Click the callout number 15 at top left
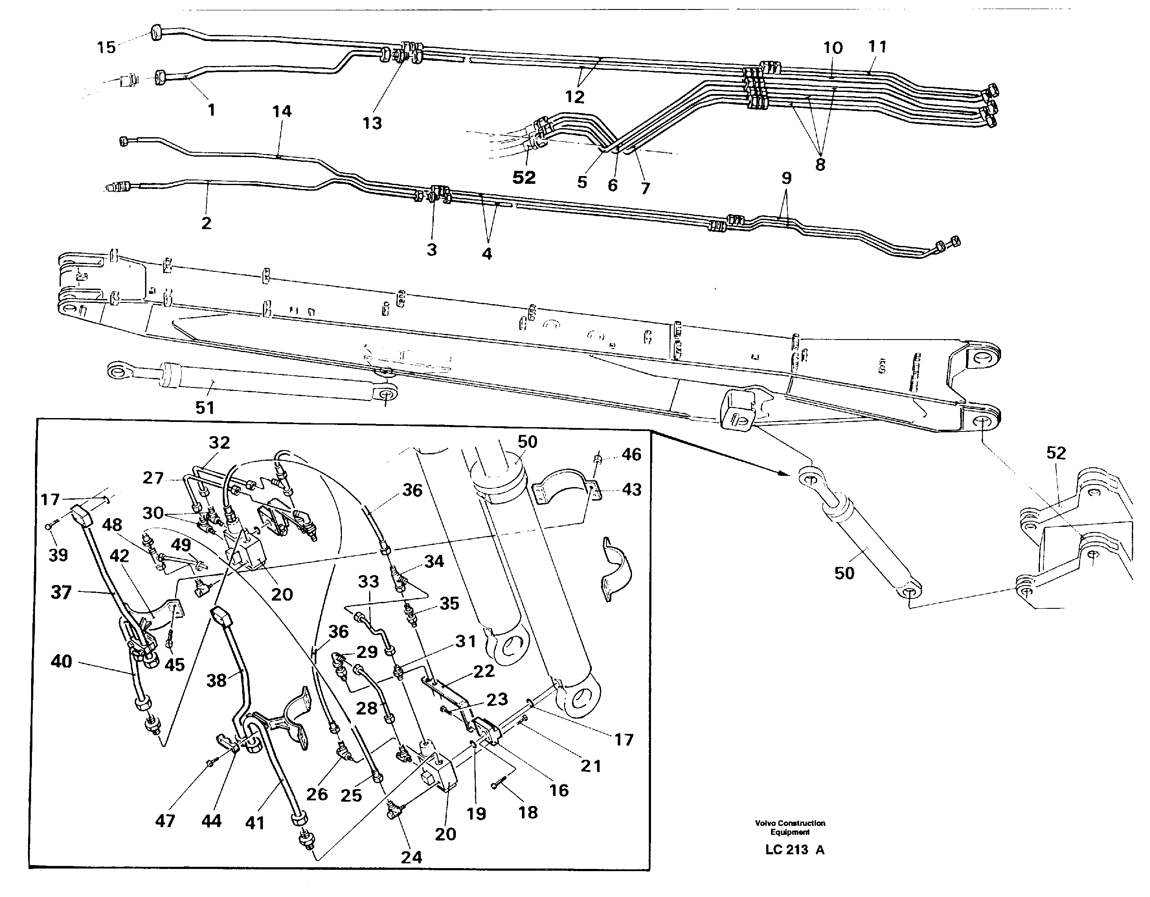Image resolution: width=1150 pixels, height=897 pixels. click(x=106, y=47)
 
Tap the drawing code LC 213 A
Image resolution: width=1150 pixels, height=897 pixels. click(x=795, y=850)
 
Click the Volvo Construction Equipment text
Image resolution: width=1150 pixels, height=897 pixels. click(x=790, y=827)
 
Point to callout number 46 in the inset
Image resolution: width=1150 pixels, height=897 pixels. click(x=632, y=454)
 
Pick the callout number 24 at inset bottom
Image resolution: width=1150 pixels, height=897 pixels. click(x=411, y=857)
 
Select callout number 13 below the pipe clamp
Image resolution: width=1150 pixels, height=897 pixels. click(x=372, y=123)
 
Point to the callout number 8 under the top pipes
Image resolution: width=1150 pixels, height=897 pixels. click(x=820, y=164)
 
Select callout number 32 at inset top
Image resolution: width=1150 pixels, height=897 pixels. click(x=219, y=442)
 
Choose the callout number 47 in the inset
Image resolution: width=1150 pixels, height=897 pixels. click(x=165, y=821)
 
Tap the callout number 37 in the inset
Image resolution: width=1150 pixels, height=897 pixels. click(x=61, y=592)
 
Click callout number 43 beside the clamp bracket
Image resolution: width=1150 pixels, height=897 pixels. click(x=632, y=490)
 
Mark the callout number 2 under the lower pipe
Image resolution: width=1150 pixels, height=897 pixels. click(x=206, y=223)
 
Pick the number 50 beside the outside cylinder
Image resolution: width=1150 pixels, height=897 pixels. click(x=844, y=573)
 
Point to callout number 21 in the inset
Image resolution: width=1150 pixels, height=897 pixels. click(x=591, y=766)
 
